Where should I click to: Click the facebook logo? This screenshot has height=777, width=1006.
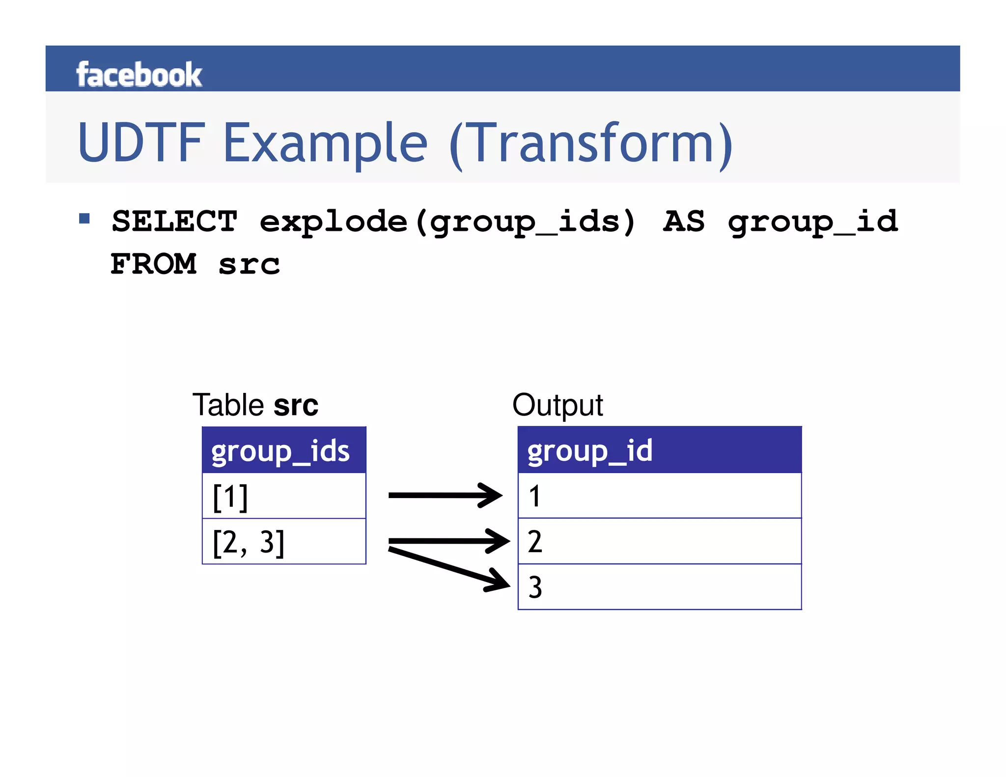click(x=139, y=75)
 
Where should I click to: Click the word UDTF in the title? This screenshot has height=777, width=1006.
click(x=141, y=143)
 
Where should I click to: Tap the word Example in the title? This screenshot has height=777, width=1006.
click(x=325, y=143)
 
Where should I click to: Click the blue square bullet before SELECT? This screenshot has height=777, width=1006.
click(x=84, y=219)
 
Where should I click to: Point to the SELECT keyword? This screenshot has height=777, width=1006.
click(x=174, y=222)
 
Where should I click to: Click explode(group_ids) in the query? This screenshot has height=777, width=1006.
click(x=447, y=222)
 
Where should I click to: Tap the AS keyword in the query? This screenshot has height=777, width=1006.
click(x=684, y=222)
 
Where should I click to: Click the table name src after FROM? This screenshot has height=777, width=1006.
click(x=249, y=265)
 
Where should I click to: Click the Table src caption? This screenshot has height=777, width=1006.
click(x=255, y=405)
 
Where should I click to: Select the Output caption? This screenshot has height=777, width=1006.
click(x=558, y=405)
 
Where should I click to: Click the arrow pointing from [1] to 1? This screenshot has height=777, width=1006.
click(x=445, y=495)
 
